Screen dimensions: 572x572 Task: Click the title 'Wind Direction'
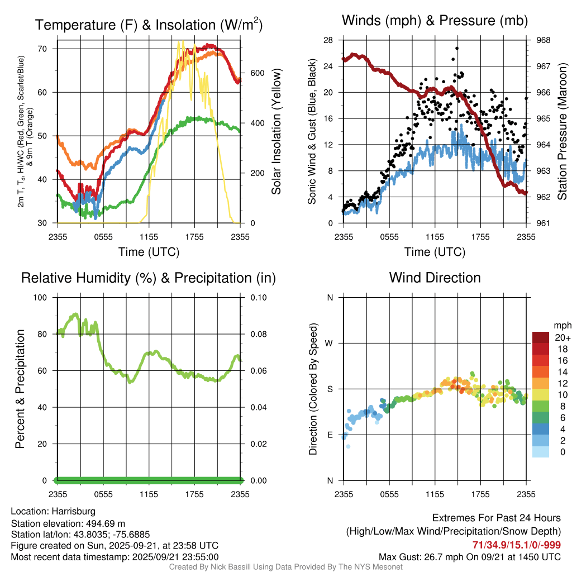(435, 278)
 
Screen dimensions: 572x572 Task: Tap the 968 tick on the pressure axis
(544, 40)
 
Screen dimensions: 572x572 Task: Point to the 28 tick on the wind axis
(328, 40)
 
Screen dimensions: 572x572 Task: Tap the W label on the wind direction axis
(330, 343)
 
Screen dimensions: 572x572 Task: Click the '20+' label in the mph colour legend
(562, 337)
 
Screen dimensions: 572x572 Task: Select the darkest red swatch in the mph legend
(540, 337)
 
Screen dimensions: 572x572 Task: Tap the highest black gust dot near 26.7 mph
(457, 49)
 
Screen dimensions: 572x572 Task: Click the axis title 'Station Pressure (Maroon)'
(563, 132)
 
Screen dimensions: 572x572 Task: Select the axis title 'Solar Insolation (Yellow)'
(276, 132)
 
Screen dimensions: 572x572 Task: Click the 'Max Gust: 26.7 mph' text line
(470, 556)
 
